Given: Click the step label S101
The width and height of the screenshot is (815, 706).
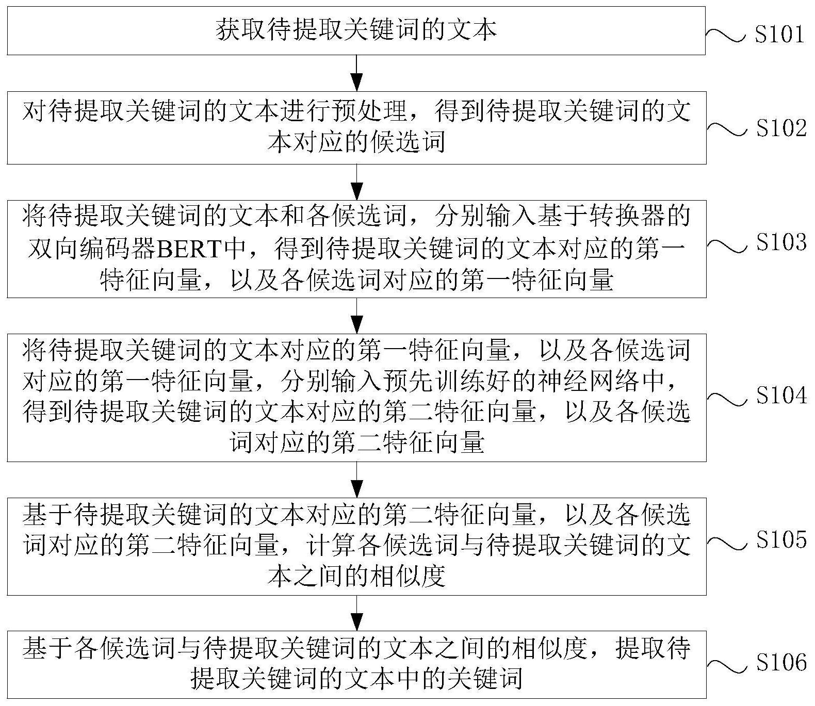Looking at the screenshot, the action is tap(779, 34).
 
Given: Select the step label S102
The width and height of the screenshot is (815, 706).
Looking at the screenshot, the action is tap(780, 128).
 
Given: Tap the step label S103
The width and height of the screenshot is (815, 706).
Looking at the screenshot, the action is tap(780, 242).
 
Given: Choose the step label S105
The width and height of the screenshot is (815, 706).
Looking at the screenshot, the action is tap(780, 539).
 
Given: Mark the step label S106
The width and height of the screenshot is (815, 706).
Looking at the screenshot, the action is tap(780, 662).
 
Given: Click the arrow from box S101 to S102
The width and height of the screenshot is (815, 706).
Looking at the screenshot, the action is tap(356, 73).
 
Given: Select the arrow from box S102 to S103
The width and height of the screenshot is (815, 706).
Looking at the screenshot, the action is tap(356, 182).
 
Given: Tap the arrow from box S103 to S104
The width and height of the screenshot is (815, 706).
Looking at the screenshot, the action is tap(356, 316).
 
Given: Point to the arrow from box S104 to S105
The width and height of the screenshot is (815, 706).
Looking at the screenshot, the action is tap(356, 480).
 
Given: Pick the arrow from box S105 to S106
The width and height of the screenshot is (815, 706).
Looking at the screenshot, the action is tap(356, 613).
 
